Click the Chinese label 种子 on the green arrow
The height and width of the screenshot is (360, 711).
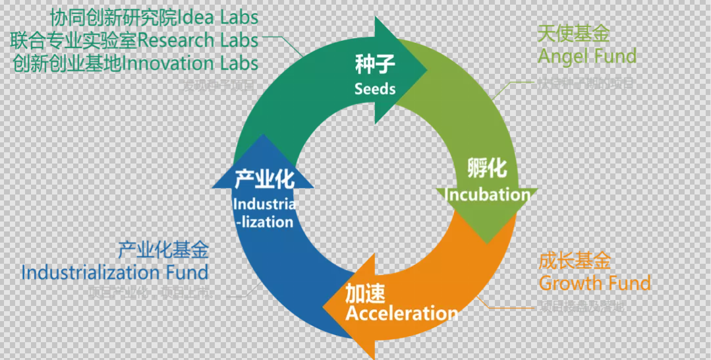[374, 65]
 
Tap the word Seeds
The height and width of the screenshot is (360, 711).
[375, 88]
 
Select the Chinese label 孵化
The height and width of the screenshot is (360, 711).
[487, 168]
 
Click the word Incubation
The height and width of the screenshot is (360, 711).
[488, 195]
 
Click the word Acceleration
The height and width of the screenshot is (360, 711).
[402, 313]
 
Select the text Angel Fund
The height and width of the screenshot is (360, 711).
[587, 56]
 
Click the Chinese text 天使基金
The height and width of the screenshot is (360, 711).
[573, 34]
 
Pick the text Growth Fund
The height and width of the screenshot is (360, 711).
[595, 284]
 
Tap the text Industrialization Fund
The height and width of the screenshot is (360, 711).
[115, 272]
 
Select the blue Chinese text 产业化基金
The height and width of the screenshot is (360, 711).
[163, 250]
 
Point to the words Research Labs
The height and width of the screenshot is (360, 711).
[198, 40]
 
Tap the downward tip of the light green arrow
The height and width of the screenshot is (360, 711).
[487, 241]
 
